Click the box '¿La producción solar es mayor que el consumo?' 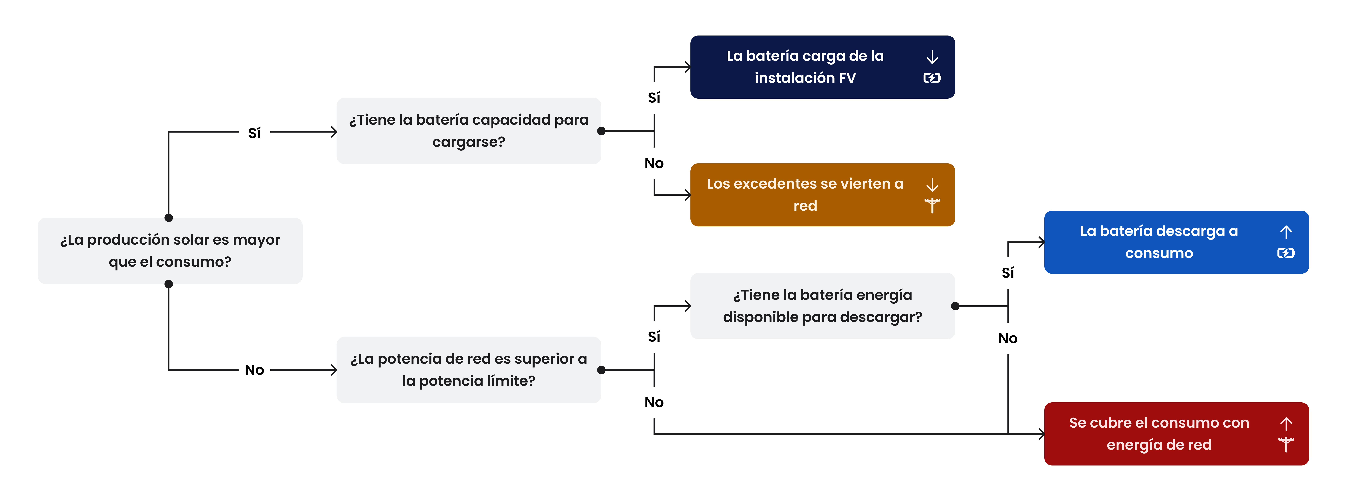tap(170, 251)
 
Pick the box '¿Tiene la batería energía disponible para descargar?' tap(823, 306)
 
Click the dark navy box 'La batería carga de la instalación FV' tap(823, 67)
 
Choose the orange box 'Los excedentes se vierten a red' tap(823, 195)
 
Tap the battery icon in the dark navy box tap(932, 78)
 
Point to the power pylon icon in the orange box tap(932, 205)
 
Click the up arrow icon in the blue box tap(1286, 232)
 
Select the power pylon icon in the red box tap(1286, 445)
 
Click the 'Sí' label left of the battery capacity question tap(255, 133)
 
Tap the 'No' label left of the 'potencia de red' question tap(255, 370)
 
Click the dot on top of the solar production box tap(168, 218)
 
